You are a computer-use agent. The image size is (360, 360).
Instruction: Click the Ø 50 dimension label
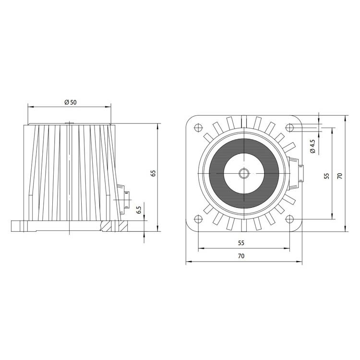tap(71, 102)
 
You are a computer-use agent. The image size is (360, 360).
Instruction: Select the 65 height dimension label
tap(153, 173)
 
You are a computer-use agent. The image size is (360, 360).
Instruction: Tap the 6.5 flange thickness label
tap(139, 210)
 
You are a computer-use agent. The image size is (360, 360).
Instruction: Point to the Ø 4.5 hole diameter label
tap(312, 146)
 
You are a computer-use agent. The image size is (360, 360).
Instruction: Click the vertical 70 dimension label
tap(340, 176)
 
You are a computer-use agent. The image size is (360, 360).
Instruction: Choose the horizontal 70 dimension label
tap(241, 256)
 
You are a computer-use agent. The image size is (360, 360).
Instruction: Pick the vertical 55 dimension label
tap(327, 176)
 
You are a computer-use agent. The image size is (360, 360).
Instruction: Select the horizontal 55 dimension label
tap(241, 243)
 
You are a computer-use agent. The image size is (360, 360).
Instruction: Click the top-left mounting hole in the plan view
tap(198, 127)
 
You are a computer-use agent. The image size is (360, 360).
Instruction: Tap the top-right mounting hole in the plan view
tap(290, 127)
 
